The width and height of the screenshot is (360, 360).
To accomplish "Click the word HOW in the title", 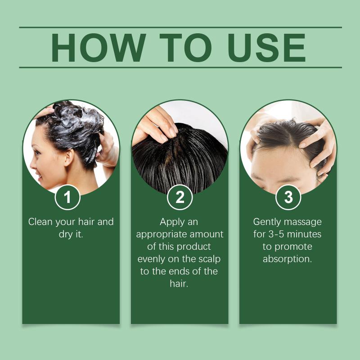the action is click(98, 48).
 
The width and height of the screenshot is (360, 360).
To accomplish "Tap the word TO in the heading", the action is click(185, 48).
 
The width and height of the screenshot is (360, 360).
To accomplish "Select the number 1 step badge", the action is click(67, 197).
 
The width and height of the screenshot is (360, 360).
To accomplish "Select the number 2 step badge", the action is click(180, 197).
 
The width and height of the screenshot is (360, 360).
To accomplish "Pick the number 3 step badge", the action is click(288, 197).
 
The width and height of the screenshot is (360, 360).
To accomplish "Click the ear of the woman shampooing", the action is click(68, 157).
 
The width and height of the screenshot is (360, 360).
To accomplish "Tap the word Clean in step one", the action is click(40, 222).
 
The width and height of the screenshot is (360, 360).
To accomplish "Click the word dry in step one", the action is click(65, 234).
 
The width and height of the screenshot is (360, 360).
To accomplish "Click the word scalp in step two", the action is click(209, 259).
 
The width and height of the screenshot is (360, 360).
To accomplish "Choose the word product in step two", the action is click(194, 247).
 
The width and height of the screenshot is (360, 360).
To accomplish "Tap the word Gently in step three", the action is click(267, 222).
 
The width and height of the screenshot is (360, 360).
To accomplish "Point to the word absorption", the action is click(287, 260).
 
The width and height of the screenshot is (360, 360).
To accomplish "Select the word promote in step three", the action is click(293, 247).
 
